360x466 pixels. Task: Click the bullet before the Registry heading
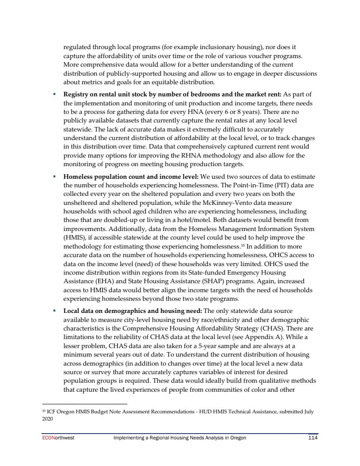(54, 94)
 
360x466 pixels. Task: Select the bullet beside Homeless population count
(54, 176)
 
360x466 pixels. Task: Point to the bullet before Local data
(54, 311)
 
